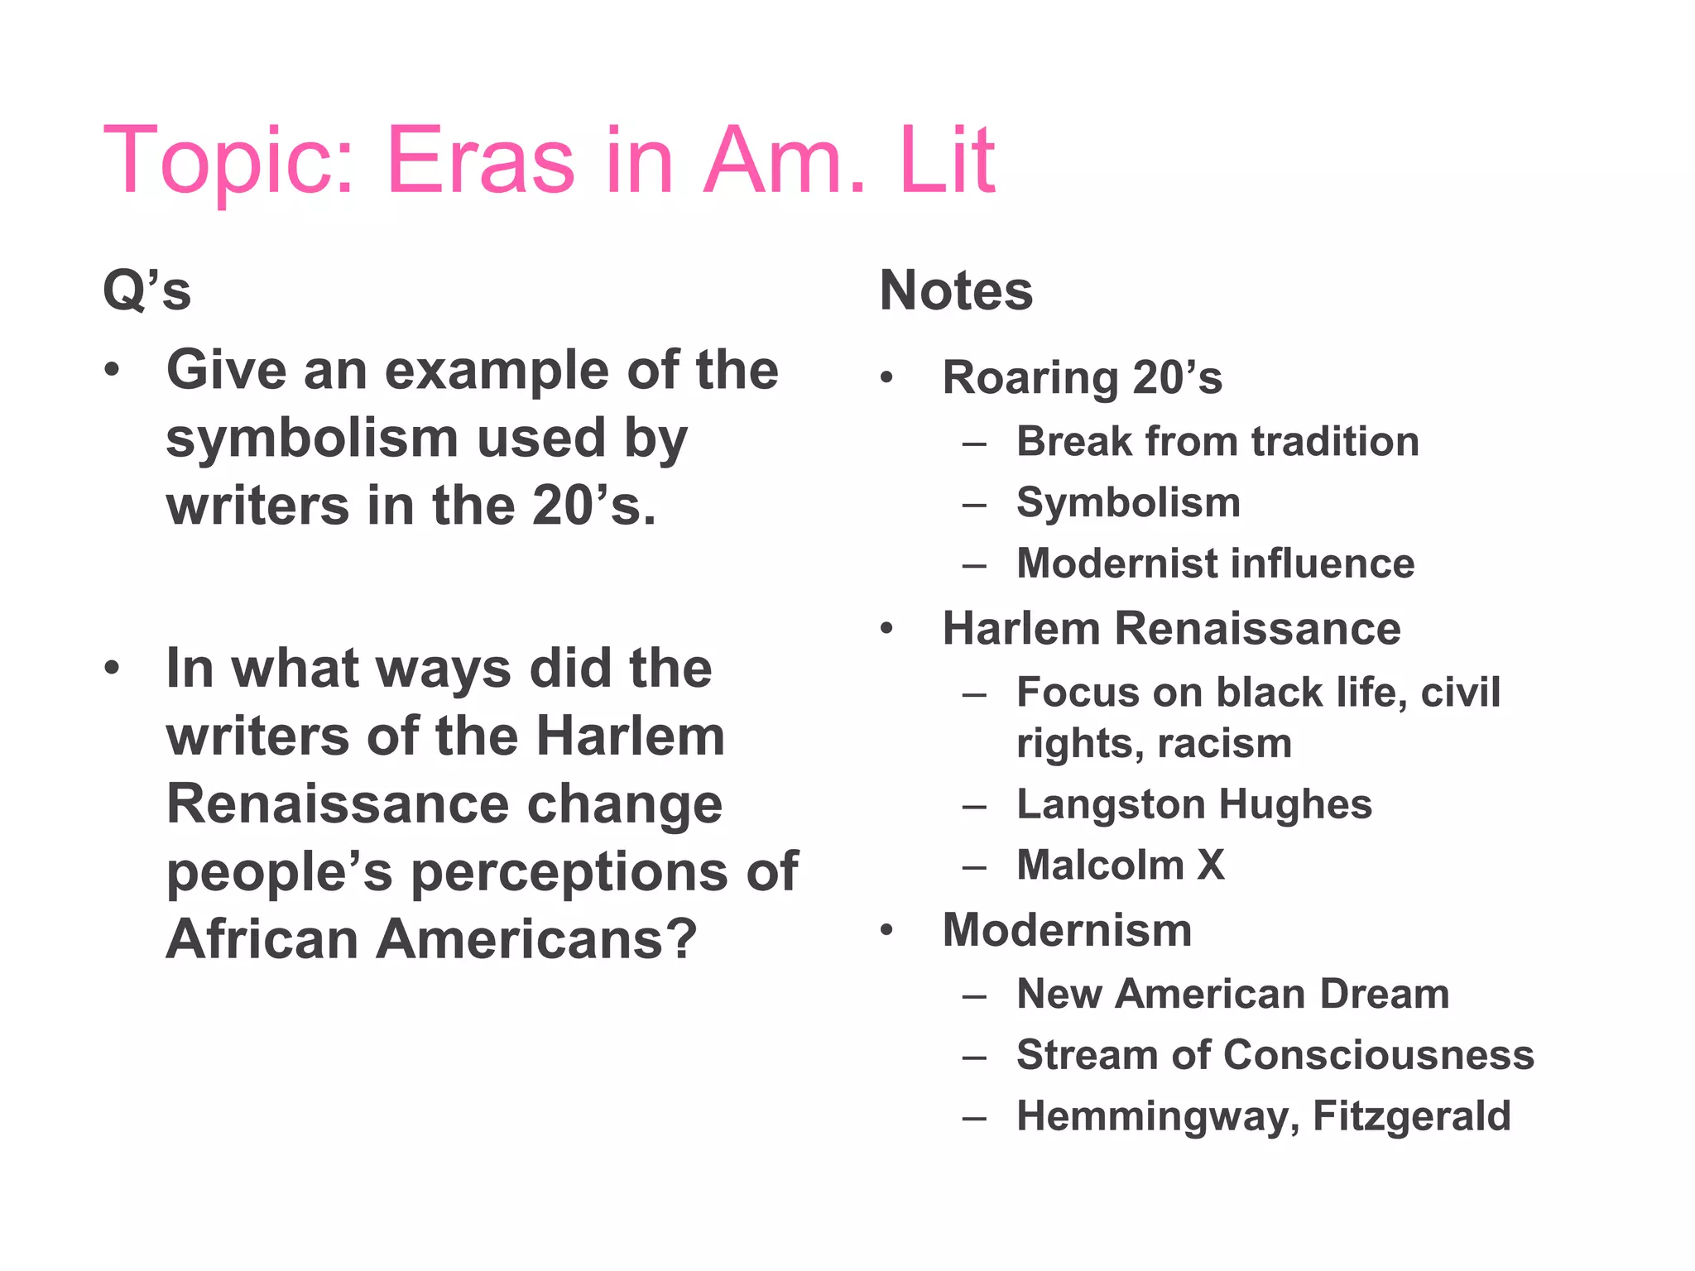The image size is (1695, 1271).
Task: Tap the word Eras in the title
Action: tap(480, 161)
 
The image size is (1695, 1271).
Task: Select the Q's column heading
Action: tap(146, 291)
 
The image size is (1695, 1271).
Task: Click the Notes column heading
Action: tap(956, 291)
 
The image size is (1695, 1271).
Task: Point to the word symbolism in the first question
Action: tap(310, 439)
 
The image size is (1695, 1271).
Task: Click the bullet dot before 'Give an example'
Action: tap(112, 370)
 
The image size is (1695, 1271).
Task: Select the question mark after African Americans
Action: tap(680, 940)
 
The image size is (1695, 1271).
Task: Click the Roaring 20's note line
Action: tap(1082, 378)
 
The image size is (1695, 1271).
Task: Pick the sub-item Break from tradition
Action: tap(1217, 441)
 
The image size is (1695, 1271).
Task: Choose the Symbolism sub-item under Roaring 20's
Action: tap(1128, 502)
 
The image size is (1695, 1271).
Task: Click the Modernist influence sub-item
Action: tap(1215, 564)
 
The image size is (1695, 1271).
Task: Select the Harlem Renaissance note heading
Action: tap(1171, 629)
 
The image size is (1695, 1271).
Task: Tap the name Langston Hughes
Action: tap(1193, 804)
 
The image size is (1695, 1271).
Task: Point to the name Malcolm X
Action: tap(1120, 866)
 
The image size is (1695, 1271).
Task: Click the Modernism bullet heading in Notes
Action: tap(1067, 930)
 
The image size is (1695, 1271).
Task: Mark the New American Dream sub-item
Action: tap(1232, 994)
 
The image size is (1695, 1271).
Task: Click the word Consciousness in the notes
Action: tap(1378, 1055)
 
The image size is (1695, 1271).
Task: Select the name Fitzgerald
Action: tap(1411, 1116)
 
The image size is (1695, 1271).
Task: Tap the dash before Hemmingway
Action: tap(974, 1118)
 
